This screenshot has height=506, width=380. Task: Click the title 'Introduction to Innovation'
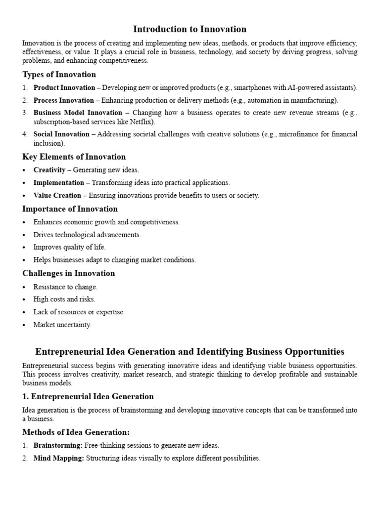(x=190, y=29)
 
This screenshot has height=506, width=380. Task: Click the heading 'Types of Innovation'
(x=59, y=75)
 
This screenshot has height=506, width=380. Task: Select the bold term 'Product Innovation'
(x=64, y=88)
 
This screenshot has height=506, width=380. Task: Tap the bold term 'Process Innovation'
(x=63, y=100)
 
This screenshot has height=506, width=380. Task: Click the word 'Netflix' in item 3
(x=142, y=122)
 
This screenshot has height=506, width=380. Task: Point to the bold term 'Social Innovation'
(x=61, y=134)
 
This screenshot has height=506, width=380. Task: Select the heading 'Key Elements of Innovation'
(x=74, y=157)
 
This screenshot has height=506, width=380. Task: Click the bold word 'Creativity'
(x=49, y=170)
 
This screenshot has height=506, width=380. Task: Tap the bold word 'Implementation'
(x=58, y=183)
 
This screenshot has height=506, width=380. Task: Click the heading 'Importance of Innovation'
(x=70, y=209)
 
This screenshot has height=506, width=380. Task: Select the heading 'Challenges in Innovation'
(x=68, y=273)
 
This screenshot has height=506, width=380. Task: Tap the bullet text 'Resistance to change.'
(x=65, y=287)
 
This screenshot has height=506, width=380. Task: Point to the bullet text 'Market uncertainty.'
(x=62, y=325)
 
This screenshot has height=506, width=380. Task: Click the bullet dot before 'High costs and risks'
(x=24, y=299)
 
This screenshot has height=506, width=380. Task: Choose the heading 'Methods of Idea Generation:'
(x=76, y=432)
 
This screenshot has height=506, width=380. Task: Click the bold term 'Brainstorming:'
(x=57, y=446)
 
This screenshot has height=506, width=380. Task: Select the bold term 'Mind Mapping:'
(x=59, y=459)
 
